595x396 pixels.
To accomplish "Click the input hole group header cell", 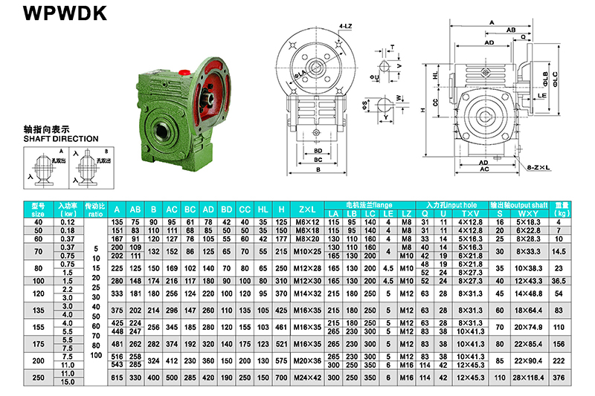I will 452,204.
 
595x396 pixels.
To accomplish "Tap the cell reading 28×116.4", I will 530,377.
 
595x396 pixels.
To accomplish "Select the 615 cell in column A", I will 116,377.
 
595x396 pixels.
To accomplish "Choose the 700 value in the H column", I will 280,377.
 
